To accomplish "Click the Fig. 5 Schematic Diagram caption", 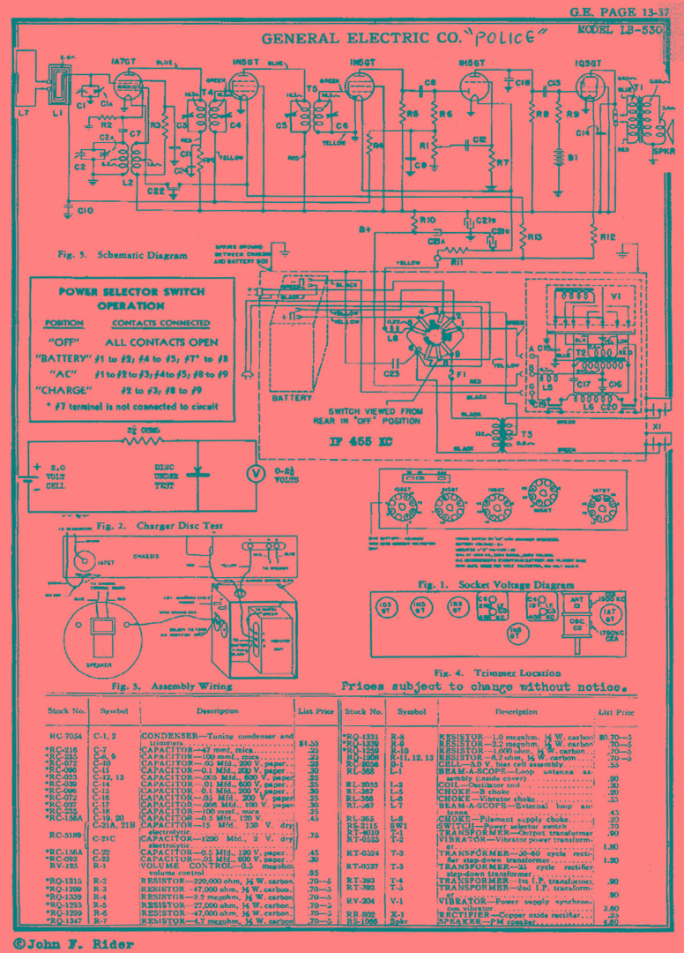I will tap(123, 255).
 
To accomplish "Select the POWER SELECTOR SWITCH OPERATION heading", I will tap(131, 298).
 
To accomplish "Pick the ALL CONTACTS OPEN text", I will tap(161, 341).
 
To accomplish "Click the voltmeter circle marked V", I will tap(256, 473).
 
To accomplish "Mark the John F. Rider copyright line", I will tap(74, 943).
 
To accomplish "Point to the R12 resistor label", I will tap(606, 238).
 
